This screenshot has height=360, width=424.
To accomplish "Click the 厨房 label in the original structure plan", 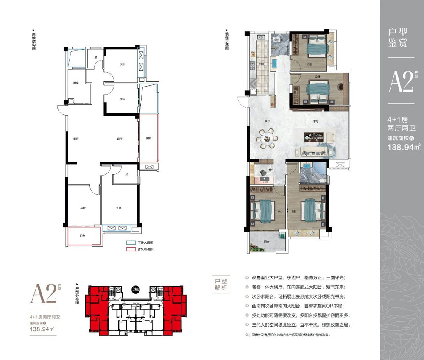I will tap(76, 83).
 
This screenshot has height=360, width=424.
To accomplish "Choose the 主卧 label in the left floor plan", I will tap(119, 208).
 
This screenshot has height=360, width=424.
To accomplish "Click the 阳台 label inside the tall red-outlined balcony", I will tap(148, 138).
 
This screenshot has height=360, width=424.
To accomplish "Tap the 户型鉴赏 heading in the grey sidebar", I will tap(398, 37).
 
